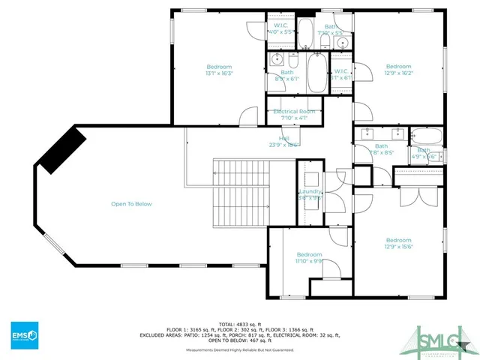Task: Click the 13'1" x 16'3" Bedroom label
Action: pyautogui.click(x=219, y=70)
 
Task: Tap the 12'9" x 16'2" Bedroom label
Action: pyautogui.click(x=398, y=70)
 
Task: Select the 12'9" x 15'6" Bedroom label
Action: pyautogui.click(x=398, y=244)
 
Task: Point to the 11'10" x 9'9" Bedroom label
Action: pyautogui.click(x=309, y=257)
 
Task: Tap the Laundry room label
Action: pyautogui.click(x=310, y=195)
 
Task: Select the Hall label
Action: pyautogui.click(x=284, y=142)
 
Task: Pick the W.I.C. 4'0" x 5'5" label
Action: pyautogui.click(x=283, y=30)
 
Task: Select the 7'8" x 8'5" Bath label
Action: pyautogui.click(x=382, y=149)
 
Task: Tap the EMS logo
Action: pyautogui.click(x=25, y=334)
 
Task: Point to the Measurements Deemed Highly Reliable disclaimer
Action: pyautogui.click(x=240, y=349)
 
